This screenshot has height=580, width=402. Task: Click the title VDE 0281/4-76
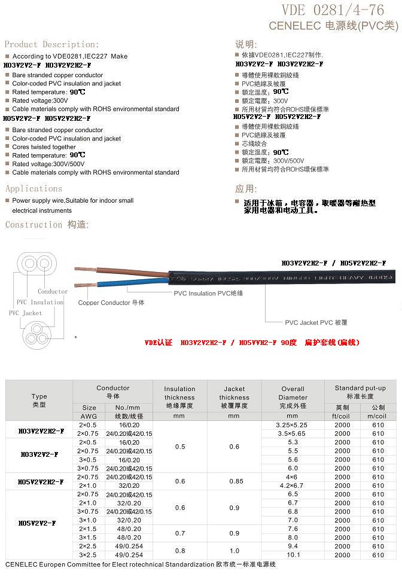click(x=339, y=10)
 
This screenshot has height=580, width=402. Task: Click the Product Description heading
click(x=51, y=44)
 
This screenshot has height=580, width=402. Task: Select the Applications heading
click(x=33, y=188)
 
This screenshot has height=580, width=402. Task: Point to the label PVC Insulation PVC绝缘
click(x=208, y=294)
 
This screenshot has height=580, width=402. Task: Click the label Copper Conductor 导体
click(x=111, y=303)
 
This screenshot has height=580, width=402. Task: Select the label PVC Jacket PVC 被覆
click(x=316, y=322)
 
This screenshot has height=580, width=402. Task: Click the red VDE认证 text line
click(x=252, y=343)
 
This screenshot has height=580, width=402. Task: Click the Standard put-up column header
click(x=360, y=392)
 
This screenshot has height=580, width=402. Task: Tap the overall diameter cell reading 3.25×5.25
click(x=293, y=425)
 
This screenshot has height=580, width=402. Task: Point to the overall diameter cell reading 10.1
click(x=293, y=555)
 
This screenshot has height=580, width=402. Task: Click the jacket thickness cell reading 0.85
click(x=234, y=481)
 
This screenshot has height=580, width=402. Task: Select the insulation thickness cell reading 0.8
click(x=179, y=551)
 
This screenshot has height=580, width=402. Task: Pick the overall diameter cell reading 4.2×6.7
click(x=293, y=486)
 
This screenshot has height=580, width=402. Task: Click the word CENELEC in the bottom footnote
click(x=23, y=565)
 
